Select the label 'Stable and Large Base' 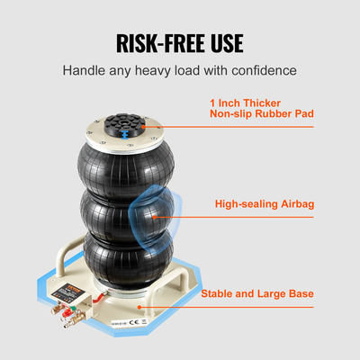[x=265, y=292]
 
